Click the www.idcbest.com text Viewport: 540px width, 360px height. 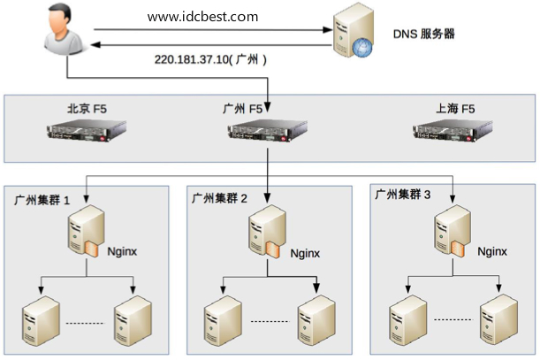coord(203,17)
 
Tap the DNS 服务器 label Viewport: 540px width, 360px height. coord(424,34)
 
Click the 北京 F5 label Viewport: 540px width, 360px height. coord(92,110)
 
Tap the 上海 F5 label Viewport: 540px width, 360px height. coord(455,110)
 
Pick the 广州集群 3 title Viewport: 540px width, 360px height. coord(403,194)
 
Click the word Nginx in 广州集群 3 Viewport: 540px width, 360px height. coord(492,251)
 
